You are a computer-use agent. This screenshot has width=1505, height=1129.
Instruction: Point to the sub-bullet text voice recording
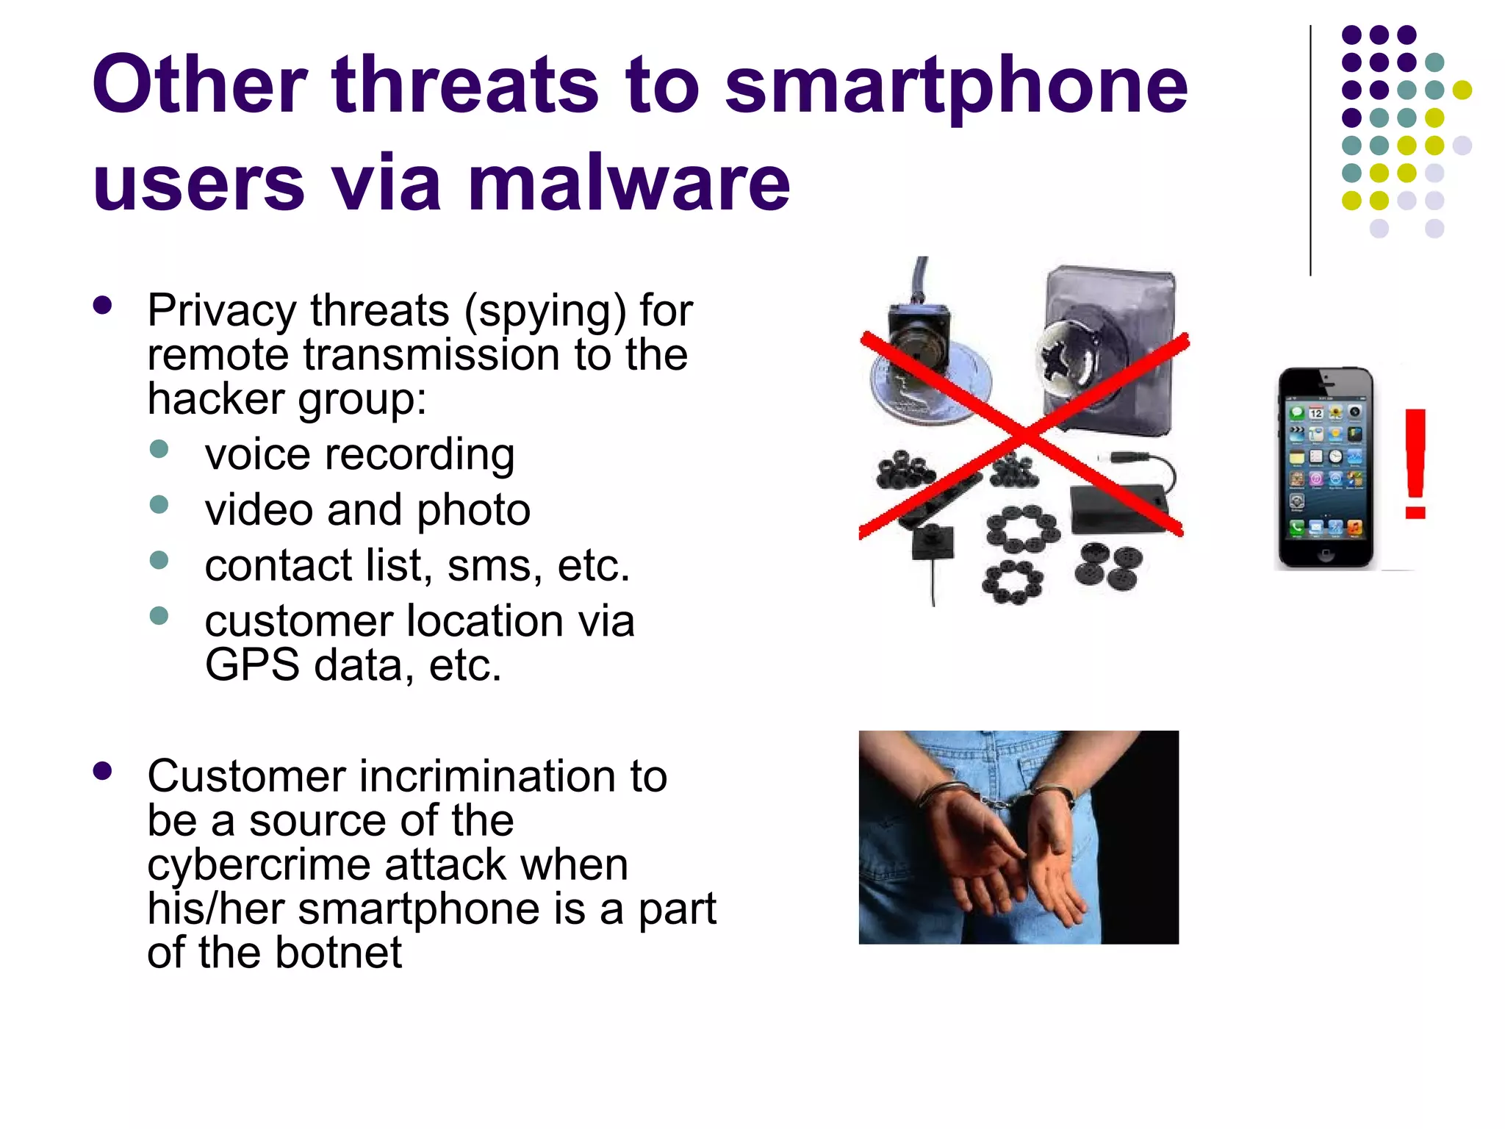359,455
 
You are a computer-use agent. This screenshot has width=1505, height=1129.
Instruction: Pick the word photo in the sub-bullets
473,511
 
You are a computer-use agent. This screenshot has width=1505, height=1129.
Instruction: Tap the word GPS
252,665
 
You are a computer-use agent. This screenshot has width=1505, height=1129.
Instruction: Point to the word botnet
339,953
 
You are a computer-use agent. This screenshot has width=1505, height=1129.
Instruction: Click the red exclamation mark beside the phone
1415,464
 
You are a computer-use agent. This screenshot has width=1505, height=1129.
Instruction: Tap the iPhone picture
1325,468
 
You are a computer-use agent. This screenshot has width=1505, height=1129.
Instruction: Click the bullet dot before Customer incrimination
103,770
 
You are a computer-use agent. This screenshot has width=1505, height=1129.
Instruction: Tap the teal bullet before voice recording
159,448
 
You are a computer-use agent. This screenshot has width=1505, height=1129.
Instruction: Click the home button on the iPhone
1325,555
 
